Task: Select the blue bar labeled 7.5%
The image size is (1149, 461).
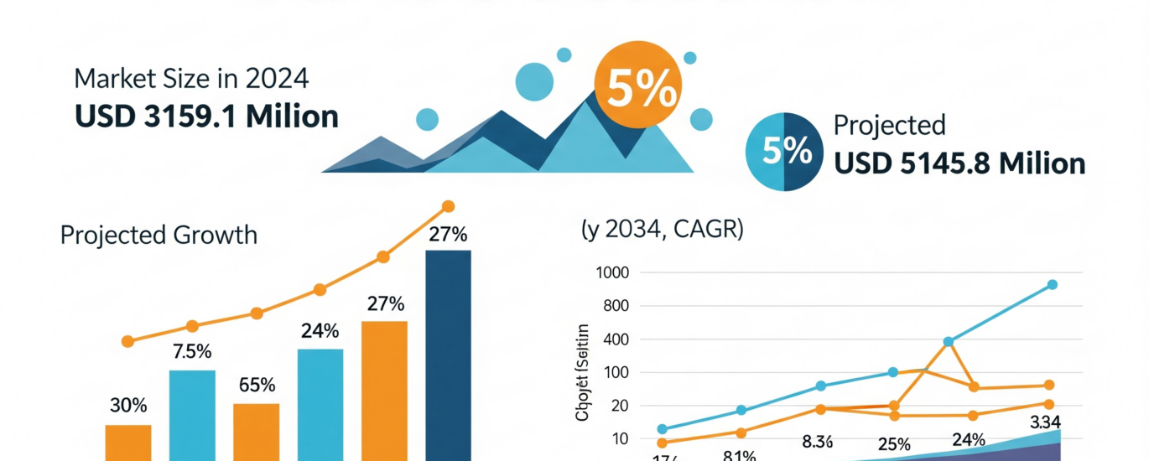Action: [x=192, y=414]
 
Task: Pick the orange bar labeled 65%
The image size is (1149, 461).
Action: [x=256, y=431]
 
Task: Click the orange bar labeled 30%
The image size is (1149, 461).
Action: [x=128, y=442]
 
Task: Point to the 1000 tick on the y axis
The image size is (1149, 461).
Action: [x=611, y=272]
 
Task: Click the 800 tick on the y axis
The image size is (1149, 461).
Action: [x=615, y=306]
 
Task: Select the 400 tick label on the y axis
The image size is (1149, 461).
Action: [x=615, y=339]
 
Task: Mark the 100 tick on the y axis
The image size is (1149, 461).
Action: [x=615, y=372]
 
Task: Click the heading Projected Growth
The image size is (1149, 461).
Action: [x=159, y=235]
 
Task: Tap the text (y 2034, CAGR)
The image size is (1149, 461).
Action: [x=662, y=230]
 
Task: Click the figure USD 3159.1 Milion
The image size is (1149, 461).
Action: [x=206, y=116]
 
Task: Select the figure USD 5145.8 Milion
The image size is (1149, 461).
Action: [x=959, y=163]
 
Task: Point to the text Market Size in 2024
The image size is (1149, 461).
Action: [x=192, y=79]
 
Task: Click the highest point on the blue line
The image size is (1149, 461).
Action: [x=1052, y=285]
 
